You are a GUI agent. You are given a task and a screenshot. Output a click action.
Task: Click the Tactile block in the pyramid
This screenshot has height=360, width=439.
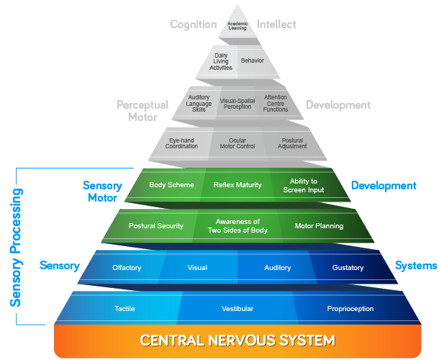125,308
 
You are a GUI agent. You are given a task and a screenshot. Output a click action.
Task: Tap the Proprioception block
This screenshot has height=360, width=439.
349,308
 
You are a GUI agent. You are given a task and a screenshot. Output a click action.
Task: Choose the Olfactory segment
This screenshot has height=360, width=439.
127,268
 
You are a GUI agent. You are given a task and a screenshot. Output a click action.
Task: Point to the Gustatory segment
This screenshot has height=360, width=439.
348,268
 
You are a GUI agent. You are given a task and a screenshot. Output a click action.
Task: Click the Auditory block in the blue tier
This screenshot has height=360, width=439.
277,268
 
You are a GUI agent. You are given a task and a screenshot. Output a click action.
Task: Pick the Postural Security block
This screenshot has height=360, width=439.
156,225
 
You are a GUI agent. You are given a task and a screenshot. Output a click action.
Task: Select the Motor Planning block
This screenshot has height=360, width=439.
319,225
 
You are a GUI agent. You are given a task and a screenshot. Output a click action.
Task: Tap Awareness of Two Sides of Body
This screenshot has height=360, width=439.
237,225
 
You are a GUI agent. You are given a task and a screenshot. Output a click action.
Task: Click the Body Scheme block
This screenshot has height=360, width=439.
171,185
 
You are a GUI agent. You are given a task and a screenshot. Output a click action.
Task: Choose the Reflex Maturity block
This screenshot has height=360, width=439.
237,185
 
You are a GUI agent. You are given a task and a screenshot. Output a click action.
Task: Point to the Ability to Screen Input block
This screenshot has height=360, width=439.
303,185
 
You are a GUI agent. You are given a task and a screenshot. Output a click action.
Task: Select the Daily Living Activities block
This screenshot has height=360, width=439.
220,61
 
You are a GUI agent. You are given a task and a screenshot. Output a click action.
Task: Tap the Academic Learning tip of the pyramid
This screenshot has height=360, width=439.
237,24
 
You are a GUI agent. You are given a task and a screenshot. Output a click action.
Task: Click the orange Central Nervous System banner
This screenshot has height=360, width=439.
237,340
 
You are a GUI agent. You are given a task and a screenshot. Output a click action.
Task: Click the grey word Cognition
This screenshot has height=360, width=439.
193,24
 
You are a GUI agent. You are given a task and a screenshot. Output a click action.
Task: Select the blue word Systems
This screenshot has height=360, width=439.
415,266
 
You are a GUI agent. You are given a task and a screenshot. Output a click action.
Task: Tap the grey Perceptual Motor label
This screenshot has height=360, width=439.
142,110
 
